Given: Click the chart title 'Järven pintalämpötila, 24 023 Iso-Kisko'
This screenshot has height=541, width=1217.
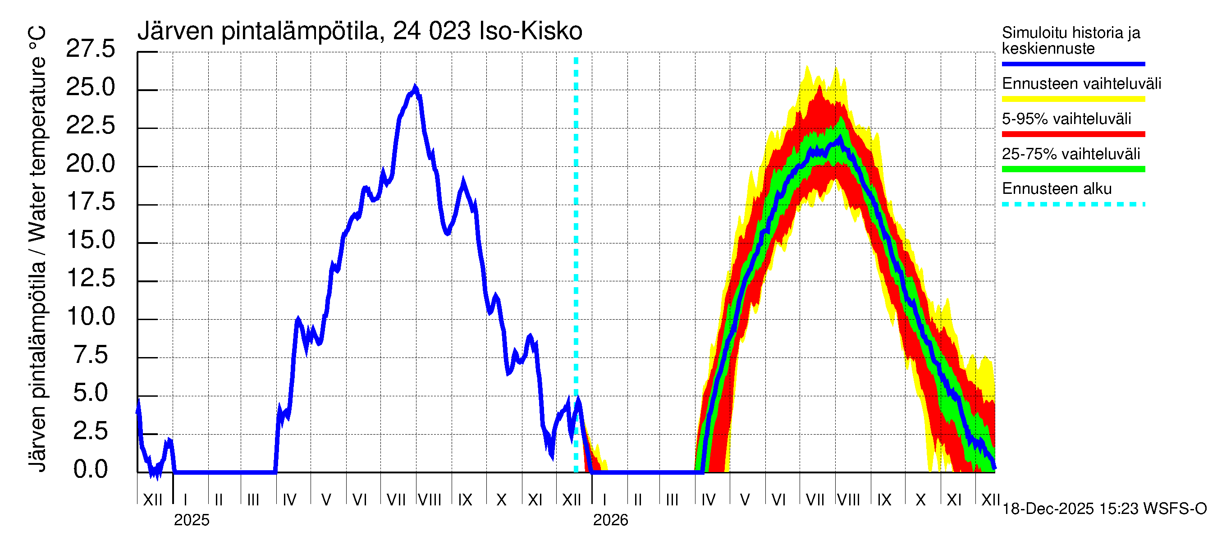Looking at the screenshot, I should coord(360,31).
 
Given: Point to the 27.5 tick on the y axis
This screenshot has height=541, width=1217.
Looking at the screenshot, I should coord(90,49).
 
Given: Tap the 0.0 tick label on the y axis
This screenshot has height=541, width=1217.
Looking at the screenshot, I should coord(90,469).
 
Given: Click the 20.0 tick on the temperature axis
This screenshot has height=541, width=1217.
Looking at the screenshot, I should coord(90,164).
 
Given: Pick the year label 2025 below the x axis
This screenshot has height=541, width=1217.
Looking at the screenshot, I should coord(191,520).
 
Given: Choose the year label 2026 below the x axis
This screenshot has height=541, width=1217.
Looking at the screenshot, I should coord(610,520).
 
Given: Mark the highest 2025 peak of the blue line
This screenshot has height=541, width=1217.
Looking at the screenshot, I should coord(415,87).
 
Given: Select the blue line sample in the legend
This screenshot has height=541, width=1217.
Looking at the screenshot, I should coord(1073,64).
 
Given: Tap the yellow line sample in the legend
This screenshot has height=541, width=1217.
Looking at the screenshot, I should coord(1073,99).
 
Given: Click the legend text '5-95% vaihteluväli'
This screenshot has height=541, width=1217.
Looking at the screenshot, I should coord(1066,119).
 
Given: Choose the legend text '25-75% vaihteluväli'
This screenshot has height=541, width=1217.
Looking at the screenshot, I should coord(1071,154).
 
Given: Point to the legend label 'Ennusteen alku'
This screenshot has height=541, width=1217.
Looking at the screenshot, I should coord(1057,189).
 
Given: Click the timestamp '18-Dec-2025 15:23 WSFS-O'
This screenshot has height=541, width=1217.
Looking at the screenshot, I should coord(1104,509).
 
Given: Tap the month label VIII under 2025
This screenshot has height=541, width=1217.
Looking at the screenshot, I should coord(430,500).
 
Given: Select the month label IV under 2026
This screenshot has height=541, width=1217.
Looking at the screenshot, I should coord(708,500).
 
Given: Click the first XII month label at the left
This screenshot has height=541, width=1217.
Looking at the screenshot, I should coord(152,500).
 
